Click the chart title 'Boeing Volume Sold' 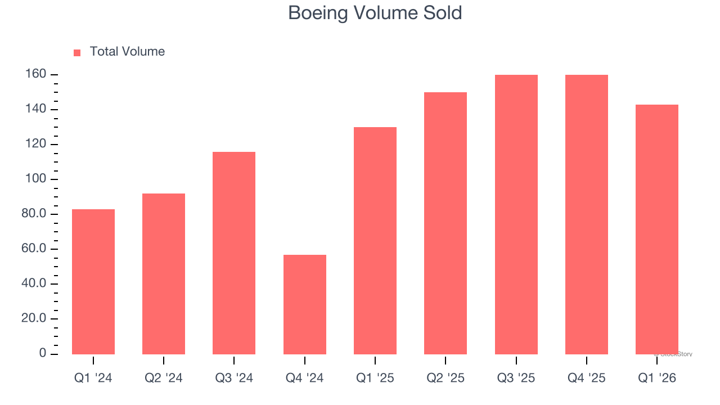pyautogui.click(x=375, y=13)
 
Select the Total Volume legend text pyautogui.click(x=127, y=52)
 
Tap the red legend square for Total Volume pyautogui.click(x=77, y=52)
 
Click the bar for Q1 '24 pyautogui.click(x=93, y=281)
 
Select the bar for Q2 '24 pyautogui.click(x=164, y=273)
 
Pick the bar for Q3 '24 pyautogui.click(x=234, y=253)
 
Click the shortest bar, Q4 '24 pyautogui.click(x=305, y=304)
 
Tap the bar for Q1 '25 pyautogui.click(x=375, y=240)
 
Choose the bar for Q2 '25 pyautogui.click(x=445, y=223)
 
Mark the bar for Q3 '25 pyautogui.click(x=516, y=214)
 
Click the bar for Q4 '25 pyautogui.click(x=587, y=214)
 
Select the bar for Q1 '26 pyautogui.click(x=657, y=229)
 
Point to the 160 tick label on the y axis pyautogui.click(x=35, y=74)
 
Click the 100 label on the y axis pyautogui.click(x=35, y=179)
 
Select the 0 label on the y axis pyautogui.click(x=43, y=353)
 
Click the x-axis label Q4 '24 pyautogui.click(x=305, y=378)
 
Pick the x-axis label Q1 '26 pyautogui.click(x=657, y=378)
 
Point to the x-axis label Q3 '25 pyautogui.click(x=516, y=378)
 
